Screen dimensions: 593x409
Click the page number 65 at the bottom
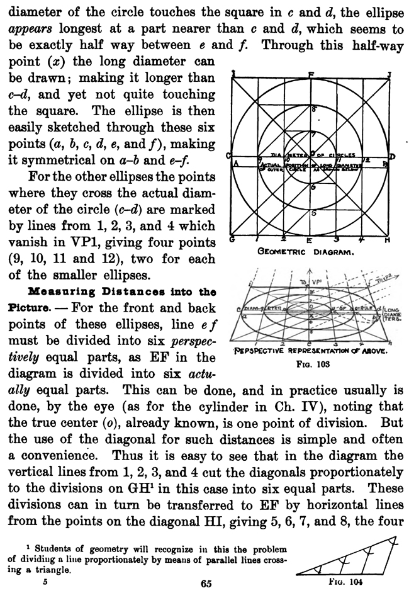point(205,584)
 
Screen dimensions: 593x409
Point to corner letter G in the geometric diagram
point(232,240)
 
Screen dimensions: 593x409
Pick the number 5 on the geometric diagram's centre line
point(314,213)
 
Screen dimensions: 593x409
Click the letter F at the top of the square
point(311,75)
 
